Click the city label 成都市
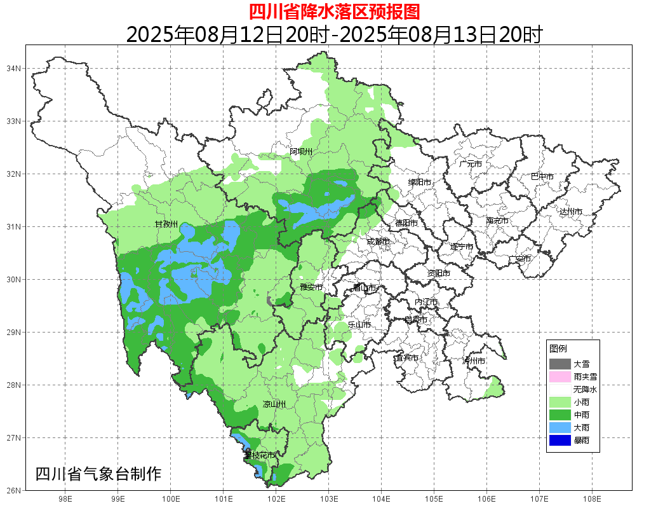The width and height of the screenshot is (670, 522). pyautogui.click(x=379, y=242)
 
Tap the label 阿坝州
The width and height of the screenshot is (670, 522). pyautogui.click(x=301, y=151)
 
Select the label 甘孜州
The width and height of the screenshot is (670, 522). pyautogui.click(x=166, y=224)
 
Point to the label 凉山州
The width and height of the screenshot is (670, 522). pyautogui.click(x=274, y=405)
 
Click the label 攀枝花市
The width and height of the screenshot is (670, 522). pyautogui.click(x=260, y=455)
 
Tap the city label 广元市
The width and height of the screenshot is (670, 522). pyautogui.click(x=471, y=164)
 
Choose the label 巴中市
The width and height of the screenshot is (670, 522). pyautogui.click(x=542, y=177)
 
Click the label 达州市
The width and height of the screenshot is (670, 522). pyautogui.click(x=571, y=212)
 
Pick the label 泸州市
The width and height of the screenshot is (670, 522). pyautogui.click(x=474, y=361)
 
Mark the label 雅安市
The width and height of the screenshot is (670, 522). pyautogui.click(x=311, y=287)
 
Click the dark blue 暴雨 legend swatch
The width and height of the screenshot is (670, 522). pyautogui.click(x=559, y=440)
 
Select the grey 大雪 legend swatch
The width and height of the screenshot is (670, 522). pyautogui.click(x=559, y=364)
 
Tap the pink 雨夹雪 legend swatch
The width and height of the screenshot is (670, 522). pyautogui.click(x=559, y=377)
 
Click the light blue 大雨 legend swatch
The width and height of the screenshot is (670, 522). pyautogui.click(x=559, y=427)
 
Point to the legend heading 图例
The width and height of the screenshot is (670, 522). pyautogui.click(x=558, y=349)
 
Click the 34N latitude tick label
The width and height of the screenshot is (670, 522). pyautogui.click(x=14, y=68)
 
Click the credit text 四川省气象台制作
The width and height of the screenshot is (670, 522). pyautogui.click(x=98, y=474)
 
